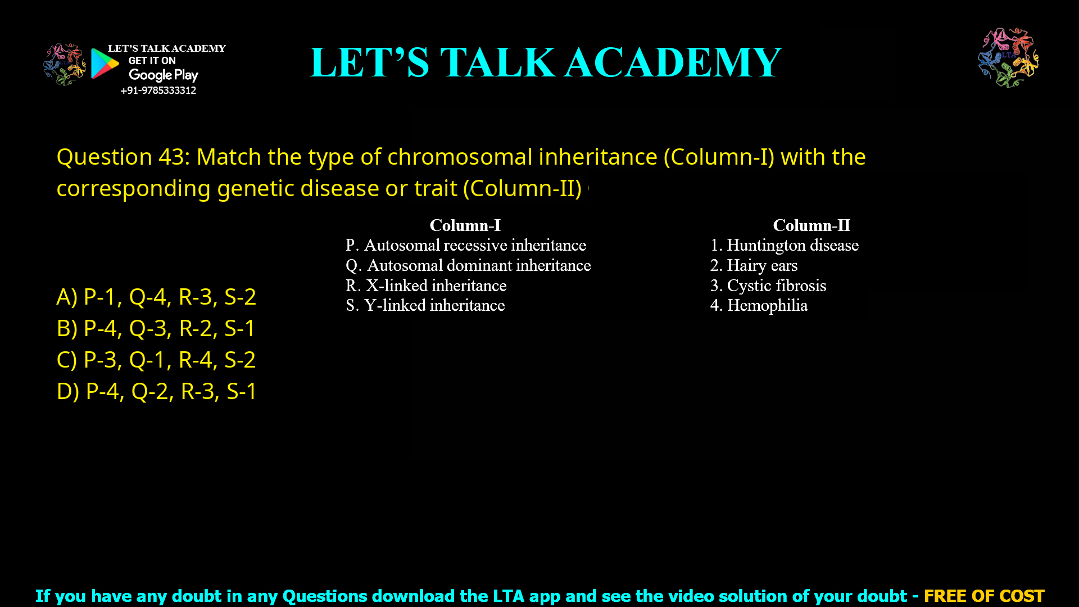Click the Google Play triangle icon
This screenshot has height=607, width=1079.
click(x=105, y=64)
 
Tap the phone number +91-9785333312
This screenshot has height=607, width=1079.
click(x=158, y=90)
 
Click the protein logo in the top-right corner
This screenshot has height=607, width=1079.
click(x=1008, y=58)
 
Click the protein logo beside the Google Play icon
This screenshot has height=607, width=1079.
click(x=65, y=64)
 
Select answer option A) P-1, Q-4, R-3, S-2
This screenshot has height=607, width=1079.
click(x=156, y=297)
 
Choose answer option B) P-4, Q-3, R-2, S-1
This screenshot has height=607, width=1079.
click(x=156, y=328)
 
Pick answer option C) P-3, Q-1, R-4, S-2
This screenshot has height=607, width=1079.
click(x=156, y=360)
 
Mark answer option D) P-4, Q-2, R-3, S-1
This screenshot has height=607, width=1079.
click(x=157, y=391)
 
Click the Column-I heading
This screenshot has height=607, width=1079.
click(x=465, y=225)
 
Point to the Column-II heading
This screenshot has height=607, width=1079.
click(x=811, y=225)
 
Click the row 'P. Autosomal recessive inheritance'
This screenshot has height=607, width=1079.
click(x=466, y=245)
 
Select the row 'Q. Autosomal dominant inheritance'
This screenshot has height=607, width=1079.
click(x=468, y=265)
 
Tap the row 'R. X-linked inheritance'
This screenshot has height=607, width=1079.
click(x=426, y=286)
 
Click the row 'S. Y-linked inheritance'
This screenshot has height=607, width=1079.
click(x=425, y=305)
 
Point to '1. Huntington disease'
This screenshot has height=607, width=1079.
click(x=785, y=245)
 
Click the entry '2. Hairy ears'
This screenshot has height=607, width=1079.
click(x=754, y=265)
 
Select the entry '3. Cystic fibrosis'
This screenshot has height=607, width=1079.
click(x=768, y=286)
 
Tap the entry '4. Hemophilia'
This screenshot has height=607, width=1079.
click(x=759, y=305)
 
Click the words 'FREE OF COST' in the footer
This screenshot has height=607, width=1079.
click(x=984, y=596)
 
